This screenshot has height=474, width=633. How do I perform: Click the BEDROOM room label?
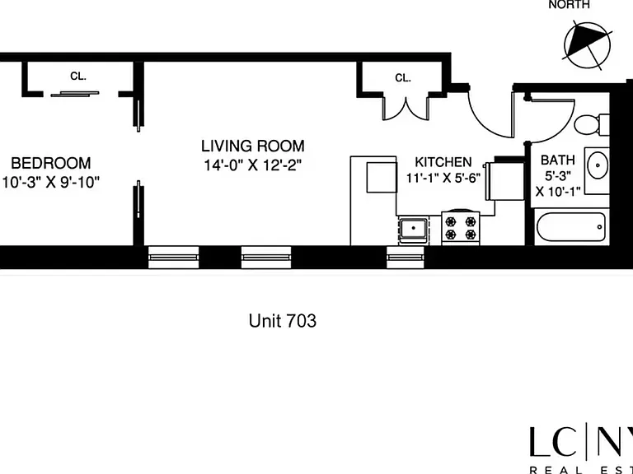tap(51, 163)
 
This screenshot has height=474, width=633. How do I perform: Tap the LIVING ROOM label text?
tap(253, 146)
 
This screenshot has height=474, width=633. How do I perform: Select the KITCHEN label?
tap(443, 162)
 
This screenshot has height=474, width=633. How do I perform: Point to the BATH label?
tap(557, 160)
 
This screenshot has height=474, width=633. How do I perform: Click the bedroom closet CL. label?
tap(78, 76)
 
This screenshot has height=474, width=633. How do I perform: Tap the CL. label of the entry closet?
tap(403, 78)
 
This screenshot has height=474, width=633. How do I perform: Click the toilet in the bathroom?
tap(592, 125)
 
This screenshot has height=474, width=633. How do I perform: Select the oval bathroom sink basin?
tap(598, 165)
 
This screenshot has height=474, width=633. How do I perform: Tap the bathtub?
tap(571, 228)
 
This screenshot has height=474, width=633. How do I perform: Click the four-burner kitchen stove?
tap(461, 228)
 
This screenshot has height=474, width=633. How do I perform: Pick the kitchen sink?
tap(414, 229)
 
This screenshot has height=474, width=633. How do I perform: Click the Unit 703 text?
tap(283, 321)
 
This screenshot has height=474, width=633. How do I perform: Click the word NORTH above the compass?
tap(570, 4)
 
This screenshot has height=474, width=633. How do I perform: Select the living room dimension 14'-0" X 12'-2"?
tap(253, 165)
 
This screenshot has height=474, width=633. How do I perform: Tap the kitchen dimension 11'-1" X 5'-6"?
tap(443, 178)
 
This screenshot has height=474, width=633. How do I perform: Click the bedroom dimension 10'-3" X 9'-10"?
tap(50, 182)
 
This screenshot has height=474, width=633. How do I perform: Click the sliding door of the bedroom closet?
tap(75, 95)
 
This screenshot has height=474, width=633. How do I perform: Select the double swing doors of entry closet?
tap(405, 108)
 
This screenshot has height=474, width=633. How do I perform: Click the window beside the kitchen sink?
tap(406, 257)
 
